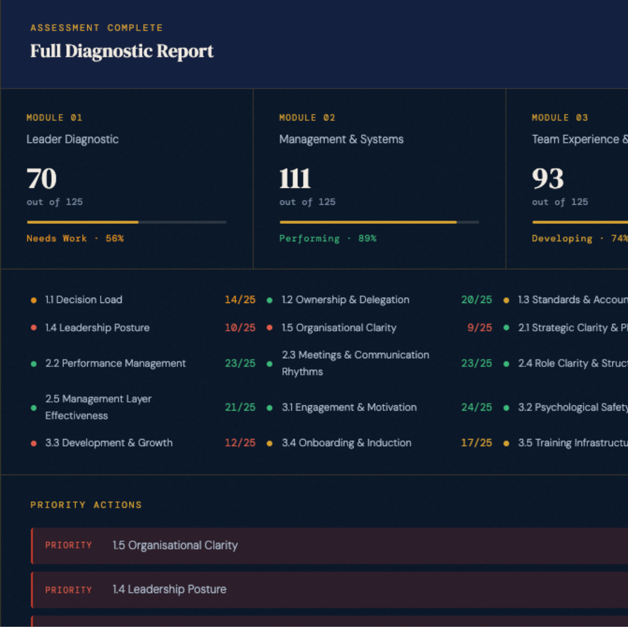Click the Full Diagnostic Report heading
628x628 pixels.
122,51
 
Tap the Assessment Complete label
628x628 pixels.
97,27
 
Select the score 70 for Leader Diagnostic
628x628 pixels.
42,179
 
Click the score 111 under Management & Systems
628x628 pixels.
295,179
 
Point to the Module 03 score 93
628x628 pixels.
548,179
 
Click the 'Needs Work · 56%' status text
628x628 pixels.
75,238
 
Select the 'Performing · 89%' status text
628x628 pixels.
327,238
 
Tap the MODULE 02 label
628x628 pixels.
307,117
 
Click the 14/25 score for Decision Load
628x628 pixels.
240,300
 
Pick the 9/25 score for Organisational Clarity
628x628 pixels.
479,328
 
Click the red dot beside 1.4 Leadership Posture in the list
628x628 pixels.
34,328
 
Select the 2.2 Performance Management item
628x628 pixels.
115,363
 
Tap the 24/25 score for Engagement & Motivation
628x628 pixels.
476,408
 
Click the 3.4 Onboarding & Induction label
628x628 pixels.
347,443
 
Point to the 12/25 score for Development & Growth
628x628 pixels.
240,443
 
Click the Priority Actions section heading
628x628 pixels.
86,505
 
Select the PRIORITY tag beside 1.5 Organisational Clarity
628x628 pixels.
69,545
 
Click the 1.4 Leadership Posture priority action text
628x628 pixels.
169,590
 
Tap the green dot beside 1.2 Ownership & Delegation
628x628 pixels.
270,300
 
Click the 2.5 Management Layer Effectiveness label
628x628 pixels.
98,407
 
